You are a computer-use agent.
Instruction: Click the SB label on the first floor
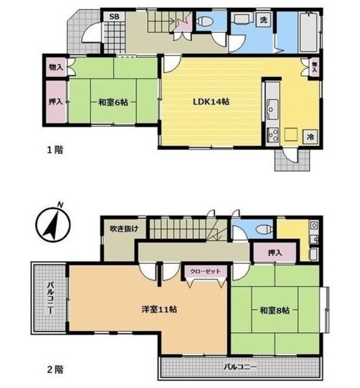pos(113,16)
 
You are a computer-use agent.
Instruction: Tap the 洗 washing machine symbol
pos(264,20)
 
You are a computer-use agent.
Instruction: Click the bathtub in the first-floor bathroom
pos(309,32)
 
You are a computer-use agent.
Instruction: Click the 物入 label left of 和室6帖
pos(55,67)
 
